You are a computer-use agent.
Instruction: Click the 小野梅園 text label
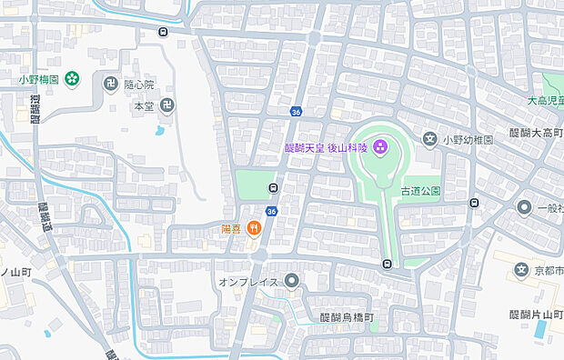(39, 79)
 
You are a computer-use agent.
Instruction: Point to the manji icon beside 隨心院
(111, 84)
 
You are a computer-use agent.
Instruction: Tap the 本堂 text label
(143, 106)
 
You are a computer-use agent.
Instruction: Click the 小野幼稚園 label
(468, 140)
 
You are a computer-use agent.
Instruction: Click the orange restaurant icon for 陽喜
(256, 229)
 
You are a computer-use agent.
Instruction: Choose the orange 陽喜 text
(233, 229)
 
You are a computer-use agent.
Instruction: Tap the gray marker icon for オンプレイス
(291, 281)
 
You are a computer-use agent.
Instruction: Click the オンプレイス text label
(247, 283)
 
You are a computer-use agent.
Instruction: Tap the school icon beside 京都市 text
(521, 269)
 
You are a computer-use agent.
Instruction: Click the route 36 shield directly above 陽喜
(271, 211)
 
